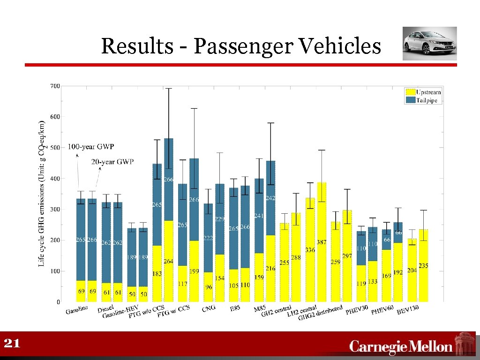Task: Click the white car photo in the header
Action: (x=429, y=44)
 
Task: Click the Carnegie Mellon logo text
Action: (x=401, y=347)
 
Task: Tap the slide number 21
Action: (x=12, y=344)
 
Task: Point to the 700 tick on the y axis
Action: (x=55, y=86)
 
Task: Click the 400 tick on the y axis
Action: (x=55, y=179)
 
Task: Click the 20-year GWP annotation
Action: (x=112, y=162)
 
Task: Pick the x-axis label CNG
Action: (x=209, y=308)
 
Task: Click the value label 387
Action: (x=322, y=242)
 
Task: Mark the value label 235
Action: (x=423, y=266)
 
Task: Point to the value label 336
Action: (x=310, y=250)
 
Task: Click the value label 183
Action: (x=157, y=274)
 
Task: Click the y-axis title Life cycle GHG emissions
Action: (x=42, y=192)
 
